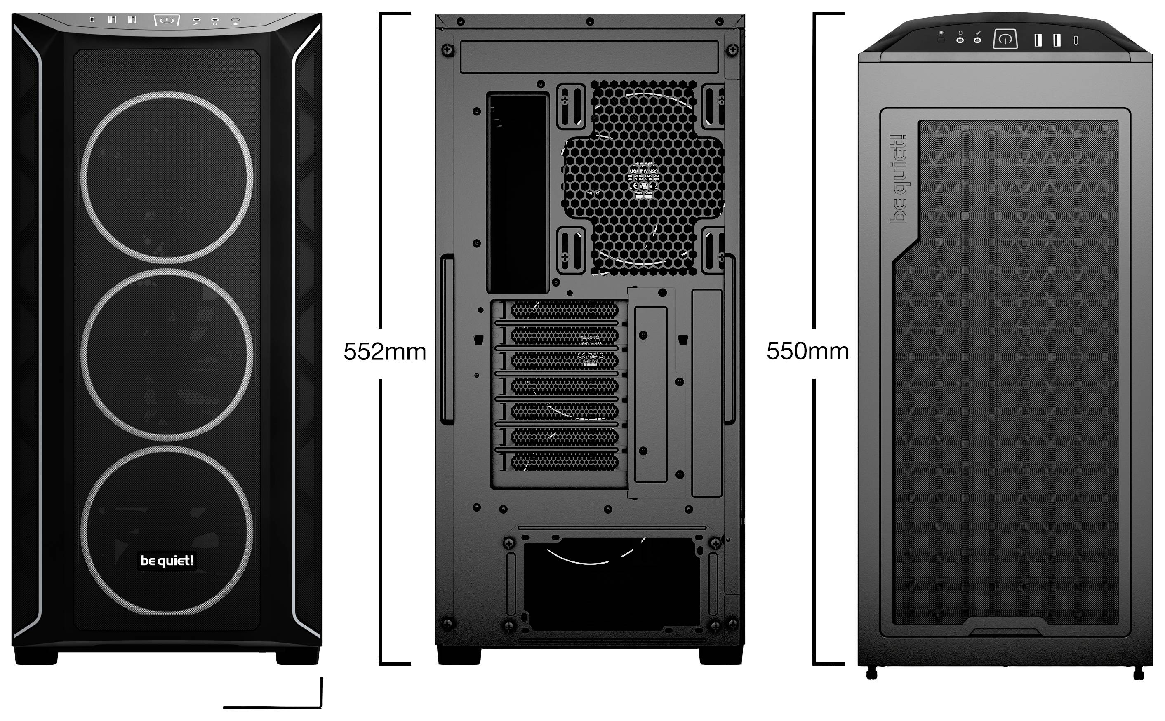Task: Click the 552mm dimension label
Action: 384,352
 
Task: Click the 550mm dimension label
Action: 807,352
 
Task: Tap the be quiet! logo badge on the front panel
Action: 167,560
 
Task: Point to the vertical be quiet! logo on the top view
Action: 899,179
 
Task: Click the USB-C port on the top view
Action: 1076,40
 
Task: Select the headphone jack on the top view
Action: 960,40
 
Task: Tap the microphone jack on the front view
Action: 215,21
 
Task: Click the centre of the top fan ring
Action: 167,177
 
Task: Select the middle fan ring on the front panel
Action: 167,354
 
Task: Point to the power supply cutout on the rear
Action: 611,584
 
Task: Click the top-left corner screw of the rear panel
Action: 447,49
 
